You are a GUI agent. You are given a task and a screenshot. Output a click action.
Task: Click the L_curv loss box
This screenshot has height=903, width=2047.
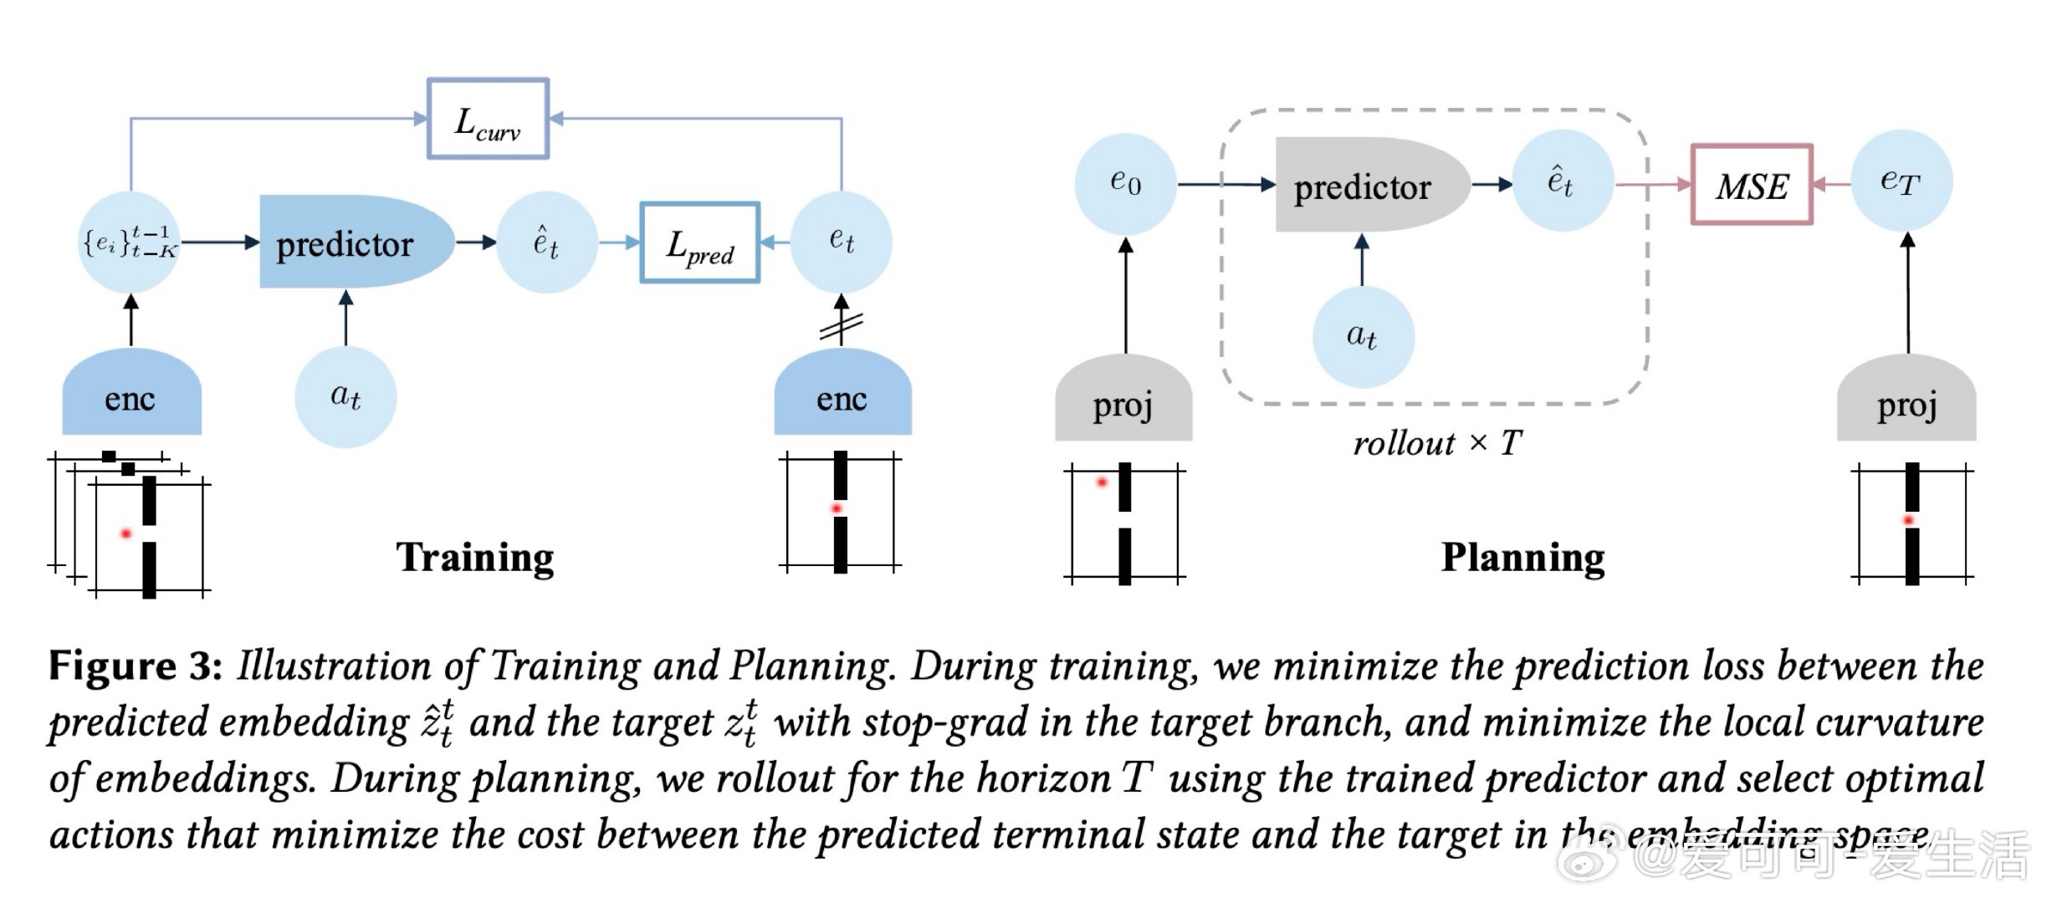point(488,119)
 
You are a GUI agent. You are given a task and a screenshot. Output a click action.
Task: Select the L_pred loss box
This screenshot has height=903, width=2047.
point(699,242)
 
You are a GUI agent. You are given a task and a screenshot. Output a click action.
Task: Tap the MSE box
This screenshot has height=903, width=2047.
point(1752,185)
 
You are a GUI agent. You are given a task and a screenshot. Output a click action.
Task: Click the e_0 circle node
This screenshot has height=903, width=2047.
point(1125,182)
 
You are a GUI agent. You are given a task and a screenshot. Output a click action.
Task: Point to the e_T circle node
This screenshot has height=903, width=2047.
point(1901,181)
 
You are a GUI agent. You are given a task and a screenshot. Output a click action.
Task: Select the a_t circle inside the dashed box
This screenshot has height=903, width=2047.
point(1363,336)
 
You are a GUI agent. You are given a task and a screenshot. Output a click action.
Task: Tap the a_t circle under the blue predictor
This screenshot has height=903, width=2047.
point(345,396)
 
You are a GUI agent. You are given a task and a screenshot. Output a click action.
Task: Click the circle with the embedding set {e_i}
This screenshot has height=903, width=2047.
point(130,242)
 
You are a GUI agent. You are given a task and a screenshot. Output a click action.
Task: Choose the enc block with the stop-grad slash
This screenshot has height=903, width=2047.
point(842,394)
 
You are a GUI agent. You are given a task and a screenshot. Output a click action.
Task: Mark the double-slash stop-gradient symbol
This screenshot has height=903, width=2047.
point(842,326)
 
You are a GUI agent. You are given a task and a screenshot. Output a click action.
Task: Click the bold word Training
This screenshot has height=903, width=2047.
point(474,557)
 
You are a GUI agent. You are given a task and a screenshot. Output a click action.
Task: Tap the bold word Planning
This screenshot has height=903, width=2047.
point(1522,557)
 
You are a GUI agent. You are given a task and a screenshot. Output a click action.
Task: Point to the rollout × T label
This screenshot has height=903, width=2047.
point(1437,443)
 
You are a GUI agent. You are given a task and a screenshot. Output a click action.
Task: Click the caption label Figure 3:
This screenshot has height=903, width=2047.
point(135,666)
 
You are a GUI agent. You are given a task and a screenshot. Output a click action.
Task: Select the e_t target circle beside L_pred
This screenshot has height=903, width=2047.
point(842,242)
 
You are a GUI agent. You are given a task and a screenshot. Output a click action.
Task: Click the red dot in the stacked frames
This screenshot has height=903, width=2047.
point(126,533)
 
